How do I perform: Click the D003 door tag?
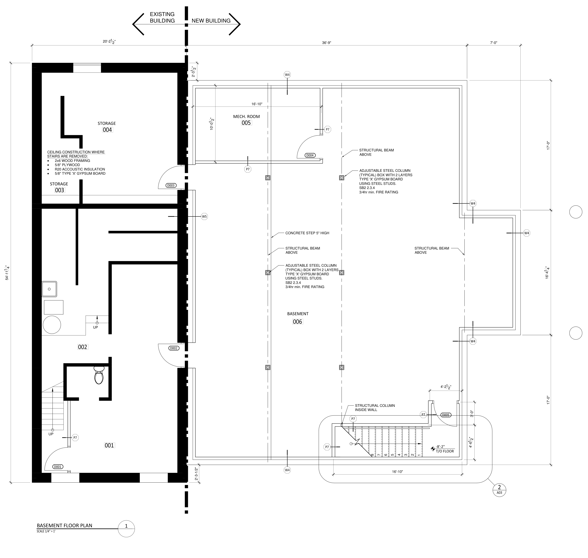pos(171,185)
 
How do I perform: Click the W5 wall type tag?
pos(204,216)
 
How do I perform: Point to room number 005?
pos(246,123)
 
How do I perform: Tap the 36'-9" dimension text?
pos(326,43)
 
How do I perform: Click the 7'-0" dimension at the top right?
pos(494,43)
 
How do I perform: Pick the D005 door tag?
pos(446,415)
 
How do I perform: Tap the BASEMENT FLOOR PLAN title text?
pos(65,526)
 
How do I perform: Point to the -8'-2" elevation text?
pos(440,447)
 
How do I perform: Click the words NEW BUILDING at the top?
pos(211,21)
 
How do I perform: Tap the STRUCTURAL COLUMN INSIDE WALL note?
pos(375,408)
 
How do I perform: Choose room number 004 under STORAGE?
pos(108,130)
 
